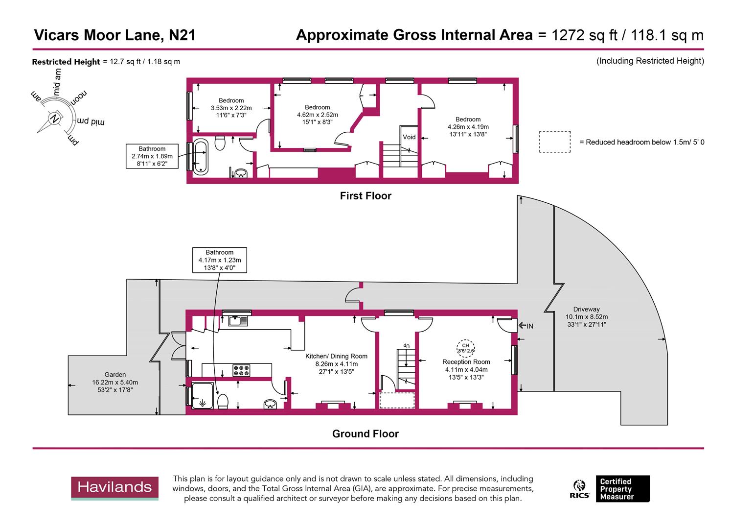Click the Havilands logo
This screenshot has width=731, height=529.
pos(115,488)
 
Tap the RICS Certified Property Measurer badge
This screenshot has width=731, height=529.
pos(612,489)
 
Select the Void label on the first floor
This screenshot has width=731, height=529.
pos(409,137)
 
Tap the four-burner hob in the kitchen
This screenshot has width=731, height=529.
pos(241,370)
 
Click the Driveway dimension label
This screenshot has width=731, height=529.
pos(586,316)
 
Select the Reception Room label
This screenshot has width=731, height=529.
pos(466,362)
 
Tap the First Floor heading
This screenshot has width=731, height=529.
pos(365,196)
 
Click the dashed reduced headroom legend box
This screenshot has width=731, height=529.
pos(555,142)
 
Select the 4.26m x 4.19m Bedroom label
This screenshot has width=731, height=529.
pos(468,126)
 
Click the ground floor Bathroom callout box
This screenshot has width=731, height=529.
pos(219,260)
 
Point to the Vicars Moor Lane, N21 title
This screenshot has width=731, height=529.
pos(114,35)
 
